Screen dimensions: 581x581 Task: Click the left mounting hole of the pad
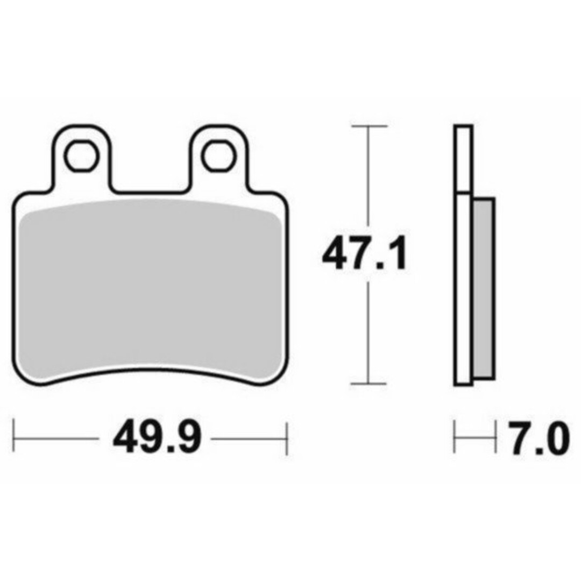(82, 154)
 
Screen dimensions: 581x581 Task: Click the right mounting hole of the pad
(219, 154)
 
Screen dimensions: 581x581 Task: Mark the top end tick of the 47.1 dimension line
(369, 126)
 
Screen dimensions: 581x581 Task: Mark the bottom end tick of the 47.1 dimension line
(369, 384)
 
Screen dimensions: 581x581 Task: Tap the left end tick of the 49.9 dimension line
(14, 438)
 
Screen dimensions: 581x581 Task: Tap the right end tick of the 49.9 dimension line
(287, 438)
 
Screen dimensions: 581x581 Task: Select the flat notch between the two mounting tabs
(151, 191)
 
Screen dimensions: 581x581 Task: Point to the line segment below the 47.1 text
(369, 334)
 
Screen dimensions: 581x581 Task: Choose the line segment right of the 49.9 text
(247, 438)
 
